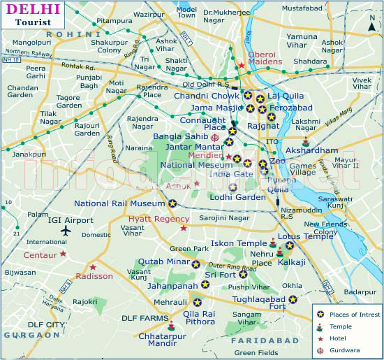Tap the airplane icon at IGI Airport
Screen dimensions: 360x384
tap(66, 231)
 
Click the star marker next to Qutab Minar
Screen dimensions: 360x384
tap(196, 264)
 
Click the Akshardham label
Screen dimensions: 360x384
tap(311, 150)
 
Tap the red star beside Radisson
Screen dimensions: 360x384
tap(93, 266)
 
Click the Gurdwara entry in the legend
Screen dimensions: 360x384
tap(347, 350)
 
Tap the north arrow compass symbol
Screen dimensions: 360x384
tap(372, 25)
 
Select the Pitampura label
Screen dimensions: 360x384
tap(113, 22)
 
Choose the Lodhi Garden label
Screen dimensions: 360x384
tap(238, 197)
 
